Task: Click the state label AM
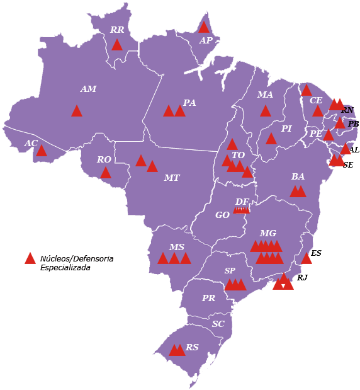pyautogui.click(x=88, y=89)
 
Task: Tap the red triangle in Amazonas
pyautogui.click(x=77, y=112)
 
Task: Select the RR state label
pyautogui.click(x=117, y=30)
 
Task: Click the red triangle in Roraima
pyautogui.click(x=117, y=45)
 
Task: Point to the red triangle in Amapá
pyautogui.click(x=203, y=27)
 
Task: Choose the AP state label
pyautogui.click(x=206, y=41)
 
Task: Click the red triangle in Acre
pyautogui.click(x=42, y=151)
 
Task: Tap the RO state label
pyautogui.click(x=104, y=160)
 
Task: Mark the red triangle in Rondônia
pyautogui.click(x=106, y=173)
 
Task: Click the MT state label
pyautogui.click(x=172, y=178)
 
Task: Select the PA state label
pyautogui.click(x=189, y=103)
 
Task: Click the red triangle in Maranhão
pyautogui.click(x=266, y=112)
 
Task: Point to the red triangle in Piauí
pyautogui.click(x=271, y=139)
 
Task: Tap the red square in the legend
pyautogui.click(x=30, y=258)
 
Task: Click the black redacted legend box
pyautogui.click(x=76, y=263)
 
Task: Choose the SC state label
pyautogui.click(x=218, y=324)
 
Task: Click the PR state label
pyautogui.click(x=209, y=298)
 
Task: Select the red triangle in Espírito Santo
pyautogui.click(x=307, y=258)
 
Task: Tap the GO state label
pyautogui.click(x=222, y=215)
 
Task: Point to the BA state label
pyautogui.click(x=298, y=177)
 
